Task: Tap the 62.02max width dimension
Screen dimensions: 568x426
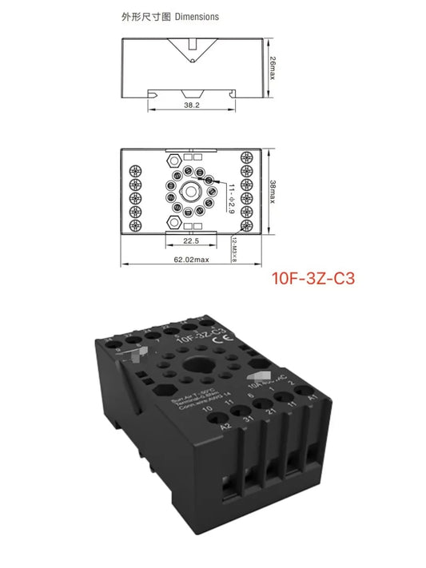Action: pyautogui.click(x=192, y=260)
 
